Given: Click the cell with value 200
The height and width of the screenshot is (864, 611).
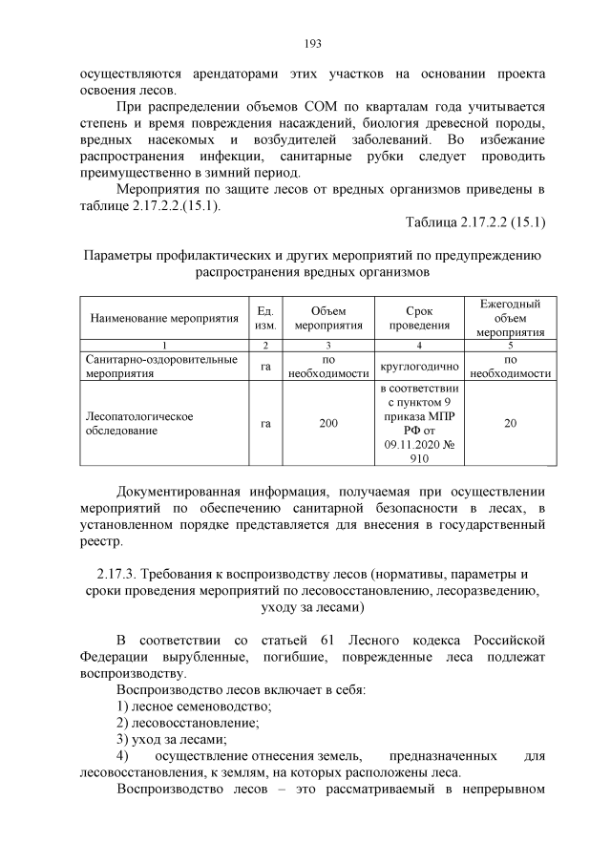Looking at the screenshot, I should (x=328, y=424).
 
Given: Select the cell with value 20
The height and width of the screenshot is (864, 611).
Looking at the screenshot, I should (x=511, y=424).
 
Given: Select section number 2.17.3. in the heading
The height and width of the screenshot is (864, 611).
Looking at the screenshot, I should (x=119, y=573).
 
